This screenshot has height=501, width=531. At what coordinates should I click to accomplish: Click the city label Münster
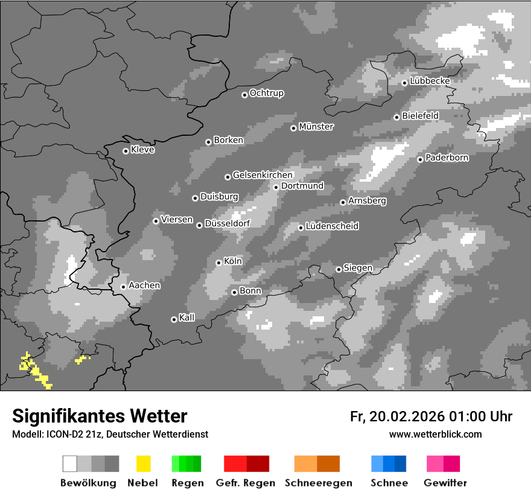316,127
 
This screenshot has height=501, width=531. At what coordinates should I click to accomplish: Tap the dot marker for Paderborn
421,159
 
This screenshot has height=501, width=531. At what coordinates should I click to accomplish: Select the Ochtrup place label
267,94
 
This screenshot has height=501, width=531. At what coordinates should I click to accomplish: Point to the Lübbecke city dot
405,83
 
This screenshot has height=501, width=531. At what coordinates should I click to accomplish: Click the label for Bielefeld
421,116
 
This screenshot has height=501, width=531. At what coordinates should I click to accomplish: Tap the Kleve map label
143,150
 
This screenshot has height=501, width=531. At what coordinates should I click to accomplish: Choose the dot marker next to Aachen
123,287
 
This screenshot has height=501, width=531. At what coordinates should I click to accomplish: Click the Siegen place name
358,268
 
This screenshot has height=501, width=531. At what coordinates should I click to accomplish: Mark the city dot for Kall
174,319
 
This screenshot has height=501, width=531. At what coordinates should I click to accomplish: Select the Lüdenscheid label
332,226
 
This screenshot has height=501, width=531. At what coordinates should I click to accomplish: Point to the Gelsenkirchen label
263,176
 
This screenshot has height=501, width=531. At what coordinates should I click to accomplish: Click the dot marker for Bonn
235,292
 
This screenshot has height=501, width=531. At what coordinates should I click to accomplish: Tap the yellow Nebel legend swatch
143,464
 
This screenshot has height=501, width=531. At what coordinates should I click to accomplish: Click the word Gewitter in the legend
445,483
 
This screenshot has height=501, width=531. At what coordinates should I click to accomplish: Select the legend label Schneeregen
317,483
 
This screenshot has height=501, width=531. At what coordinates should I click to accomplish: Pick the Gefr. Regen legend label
246,483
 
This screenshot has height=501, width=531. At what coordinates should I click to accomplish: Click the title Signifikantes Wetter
100,416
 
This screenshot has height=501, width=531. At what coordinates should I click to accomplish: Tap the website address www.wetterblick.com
436,434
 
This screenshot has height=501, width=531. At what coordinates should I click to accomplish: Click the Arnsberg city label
367,201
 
